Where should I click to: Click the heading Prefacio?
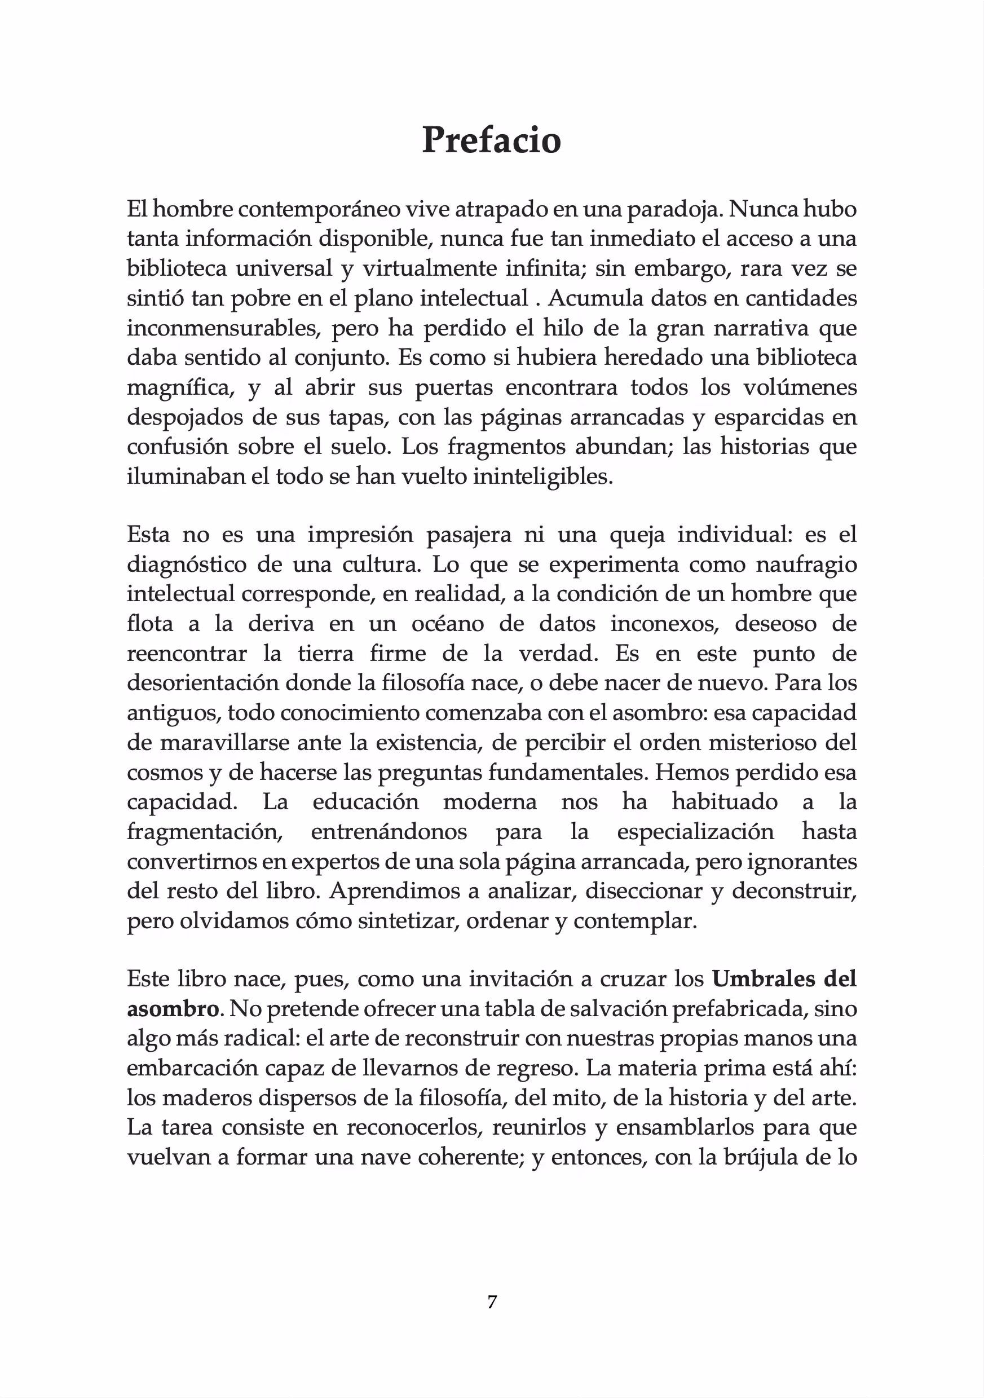pyautogui.click(x=491, y=140)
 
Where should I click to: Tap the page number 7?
pyautogui.click(x=492, y=1302)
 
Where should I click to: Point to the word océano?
pyautogui.click(x=452, y=624)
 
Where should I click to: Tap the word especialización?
pyautogui.click(x=695, y=832)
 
